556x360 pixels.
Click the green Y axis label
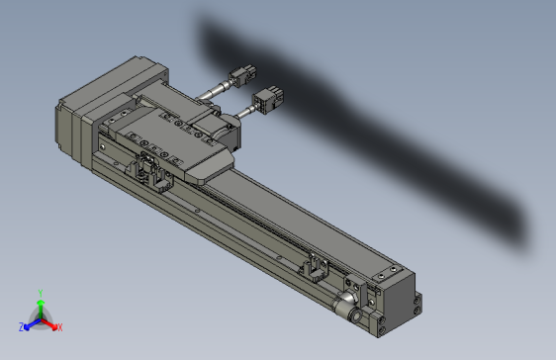pos(39,293)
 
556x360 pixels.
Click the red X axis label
pos(59,326)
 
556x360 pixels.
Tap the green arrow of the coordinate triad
pos(40,305)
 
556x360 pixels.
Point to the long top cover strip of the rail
pos(267,208)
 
